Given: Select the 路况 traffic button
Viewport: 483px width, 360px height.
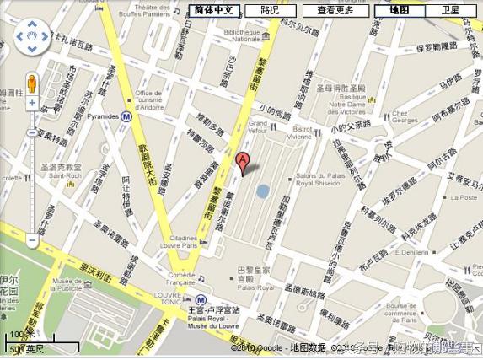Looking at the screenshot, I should click(270, 10).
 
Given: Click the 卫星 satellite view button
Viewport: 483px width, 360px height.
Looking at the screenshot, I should click(450, 10).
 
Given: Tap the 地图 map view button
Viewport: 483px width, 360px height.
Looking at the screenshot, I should click(399, 10).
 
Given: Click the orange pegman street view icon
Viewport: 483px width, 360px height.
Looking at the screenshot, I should click(32, 84).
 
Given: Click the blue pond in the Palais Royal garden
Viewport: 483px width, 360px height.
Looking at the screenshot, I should click(262, 191).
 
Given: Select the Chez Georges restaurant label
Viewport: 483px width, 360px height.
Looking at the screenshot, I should click(405, 116).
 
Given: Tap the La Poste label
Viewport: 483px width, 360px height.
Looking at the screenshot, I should click(464, 197).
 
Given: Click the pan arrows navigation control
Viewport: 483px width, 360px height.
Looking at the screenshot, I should click(32, 37).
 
